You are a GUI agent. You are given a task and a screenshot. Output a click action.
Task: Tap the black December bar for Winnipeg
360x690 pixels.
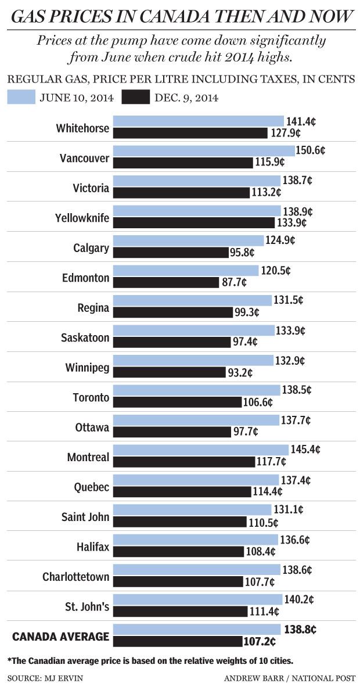point(169,372)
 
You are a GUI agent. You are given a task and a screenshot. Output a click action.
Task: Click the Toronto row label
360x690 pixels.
point(91,398)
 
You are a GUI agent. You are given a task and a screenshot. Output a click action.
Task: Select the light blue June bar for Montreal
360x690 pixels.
point(200,450)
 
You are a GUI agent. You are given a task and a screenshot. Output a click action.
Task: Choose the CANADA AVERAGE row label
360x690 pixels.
point(61,637)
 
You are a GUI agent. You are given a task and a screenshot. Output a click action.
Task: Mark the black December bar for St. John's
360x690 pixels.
point(180,612)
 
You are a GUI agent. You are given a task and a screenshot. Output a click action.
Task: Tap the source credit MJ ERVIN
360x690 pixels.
point(36,678)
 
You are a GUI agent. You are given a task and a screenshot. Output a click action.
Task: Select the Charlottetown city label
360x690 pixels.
point(75,577)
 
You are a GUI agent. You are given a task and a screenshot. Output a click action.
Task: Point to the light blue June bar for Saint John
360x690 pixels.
point(192,509)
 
